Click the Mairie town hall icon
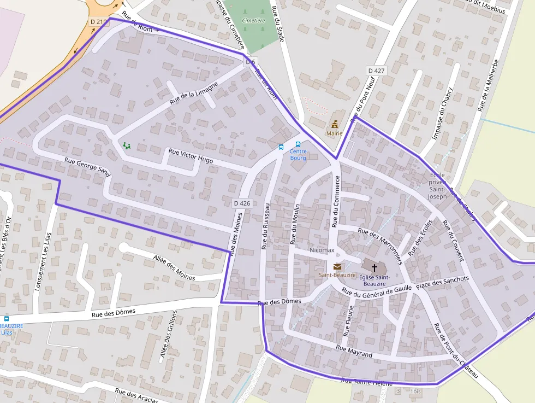[334, 124]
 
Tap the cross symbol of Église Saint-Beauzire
[374, 267]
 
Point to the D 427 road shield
[376, 71]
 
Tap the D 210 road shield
[99, 21]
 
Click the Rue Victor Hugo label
[191, 156]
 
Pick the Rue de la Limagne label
[194, 93]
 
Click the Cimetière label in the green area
[253, 20]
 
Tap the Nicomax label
[322, 250]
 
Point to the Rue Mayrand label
[354, 351]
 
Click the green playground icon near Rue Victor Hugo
[127, 145]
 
